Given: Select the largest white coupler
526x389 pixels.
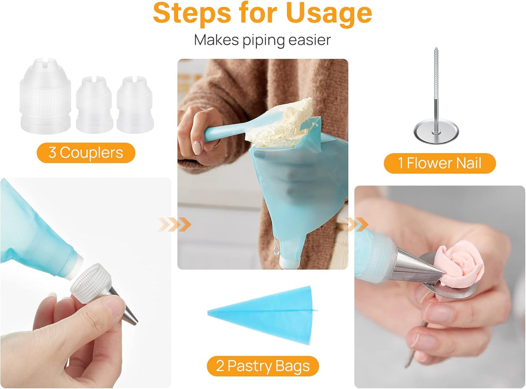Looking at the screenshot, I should [x=45, y=96].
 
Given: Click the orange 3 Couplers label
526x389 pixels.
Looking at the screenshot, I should [x=86, y=153].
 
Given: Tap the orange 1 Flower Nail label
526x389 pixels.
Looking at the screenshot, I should [x=439, y=163].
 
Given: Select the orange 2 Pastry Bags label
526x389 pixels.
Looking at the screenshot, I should [x=262, y=366].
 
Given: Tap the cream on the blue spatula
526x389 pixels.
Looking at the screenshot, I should [x=288, y=120].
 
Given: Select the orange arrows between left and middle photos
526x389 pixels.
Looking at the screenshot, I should [x=175, y=225].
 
